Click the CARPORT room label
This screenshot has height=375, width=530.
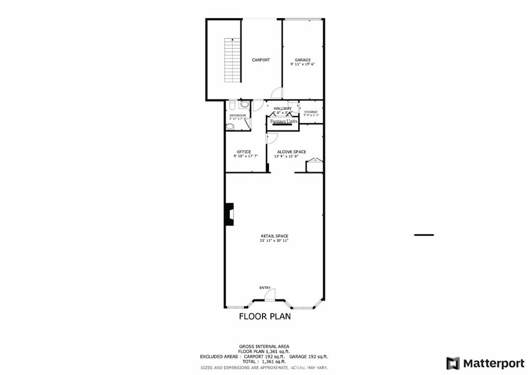(261, 60)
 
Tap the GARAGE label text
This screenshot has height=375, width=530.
(303, 60)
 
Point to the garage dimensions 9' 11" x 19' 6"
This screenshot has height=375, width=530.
(303, 65)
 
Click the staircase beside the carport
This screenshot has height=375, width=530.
(232, 61)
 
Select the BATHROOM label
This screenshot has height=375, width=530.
(238, 115)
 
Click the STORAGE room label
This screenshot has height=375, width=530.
(311, 112)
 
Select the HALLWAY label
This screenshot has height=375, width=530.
(283, 108)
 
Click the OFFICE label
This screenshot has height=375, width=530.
(244, 152)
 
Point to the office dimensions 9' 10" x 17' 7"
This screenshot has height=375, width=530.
(244, 156)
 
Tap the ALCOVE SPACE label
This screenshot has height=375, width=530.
(291, 152)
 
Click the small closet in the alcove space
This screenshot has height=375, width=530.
(314, 166)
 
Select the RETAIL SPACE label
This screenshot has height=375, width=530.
(274, 236)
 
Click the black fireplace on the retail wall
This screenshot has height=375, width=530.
(228, 213)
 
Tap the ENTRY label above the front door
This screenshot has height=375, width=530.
(265, 287)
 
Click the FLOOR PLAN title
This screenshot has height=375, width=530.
(264, 316)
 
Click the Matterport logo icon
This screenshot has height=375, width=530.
(453, 363)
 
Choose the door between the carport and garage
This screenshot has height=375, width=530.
(277, 93)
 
